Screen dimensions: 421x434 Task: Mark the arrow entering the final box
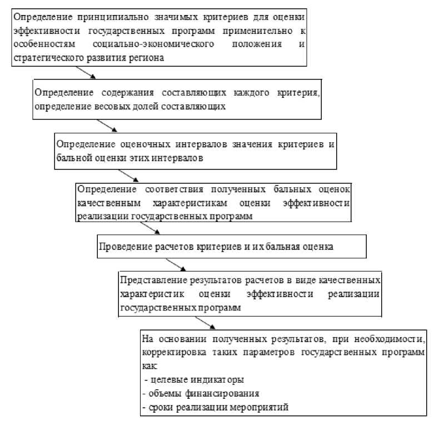coord(206,324)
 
